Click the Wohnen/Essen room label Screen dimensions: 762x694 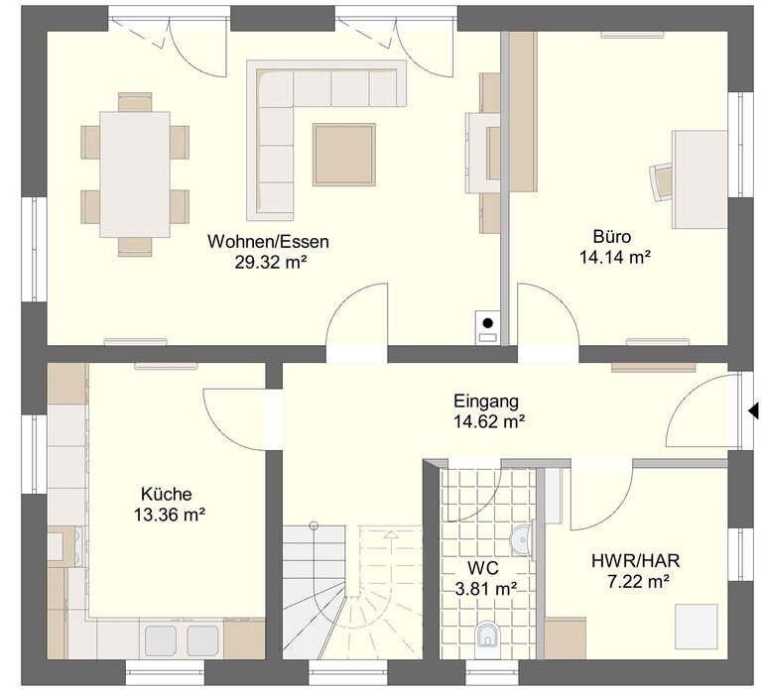pyautogui.click(x=268, y=241)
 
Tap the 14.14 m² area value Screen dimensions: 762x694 pyautogui.click(x=615, y=257)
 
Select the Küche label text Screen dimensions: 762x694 pyautogui.click(x=167, y=494)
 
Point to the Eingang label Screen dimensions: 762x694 pyautogui.click(x=486, y=402)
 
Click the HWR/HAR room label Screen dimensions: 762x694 pyautogui.click(x=636, y=561)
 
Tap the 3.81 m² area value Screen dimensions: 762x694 pyautogui.click(x=486, y=589)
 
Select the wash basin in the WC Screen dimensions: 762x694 pyautogui.click(x=522, y=540)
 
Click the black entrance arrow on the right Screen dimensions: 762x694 pyautogui.click(x=753, y=410)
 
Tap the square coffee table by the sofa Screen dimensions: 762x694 pyautogui.click(x=344, y=154)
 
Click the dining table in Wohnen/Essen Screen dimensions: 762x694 pyautogui.click(x=135, y=174)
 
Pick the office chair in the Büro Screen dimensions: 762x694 pyautogui.click(x=661, y=181)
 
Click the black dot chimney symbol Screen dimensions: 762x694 pyautogui.click(x=488, y=322)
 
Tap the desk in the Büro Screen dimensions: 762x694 pyautogui.click(x=699, y=179)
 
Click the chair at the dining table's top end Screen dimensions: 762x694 pyautogui.click(x=135, y=102)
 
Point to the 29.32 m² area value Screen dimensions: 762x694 pyautogui.click(x=271, y=263)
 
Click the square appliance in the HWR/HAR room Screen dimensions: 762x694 pyautogui.click(x=698, y=624)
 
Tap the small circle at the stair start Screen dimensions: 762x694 pyautogui.click(x=314, y=525)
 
